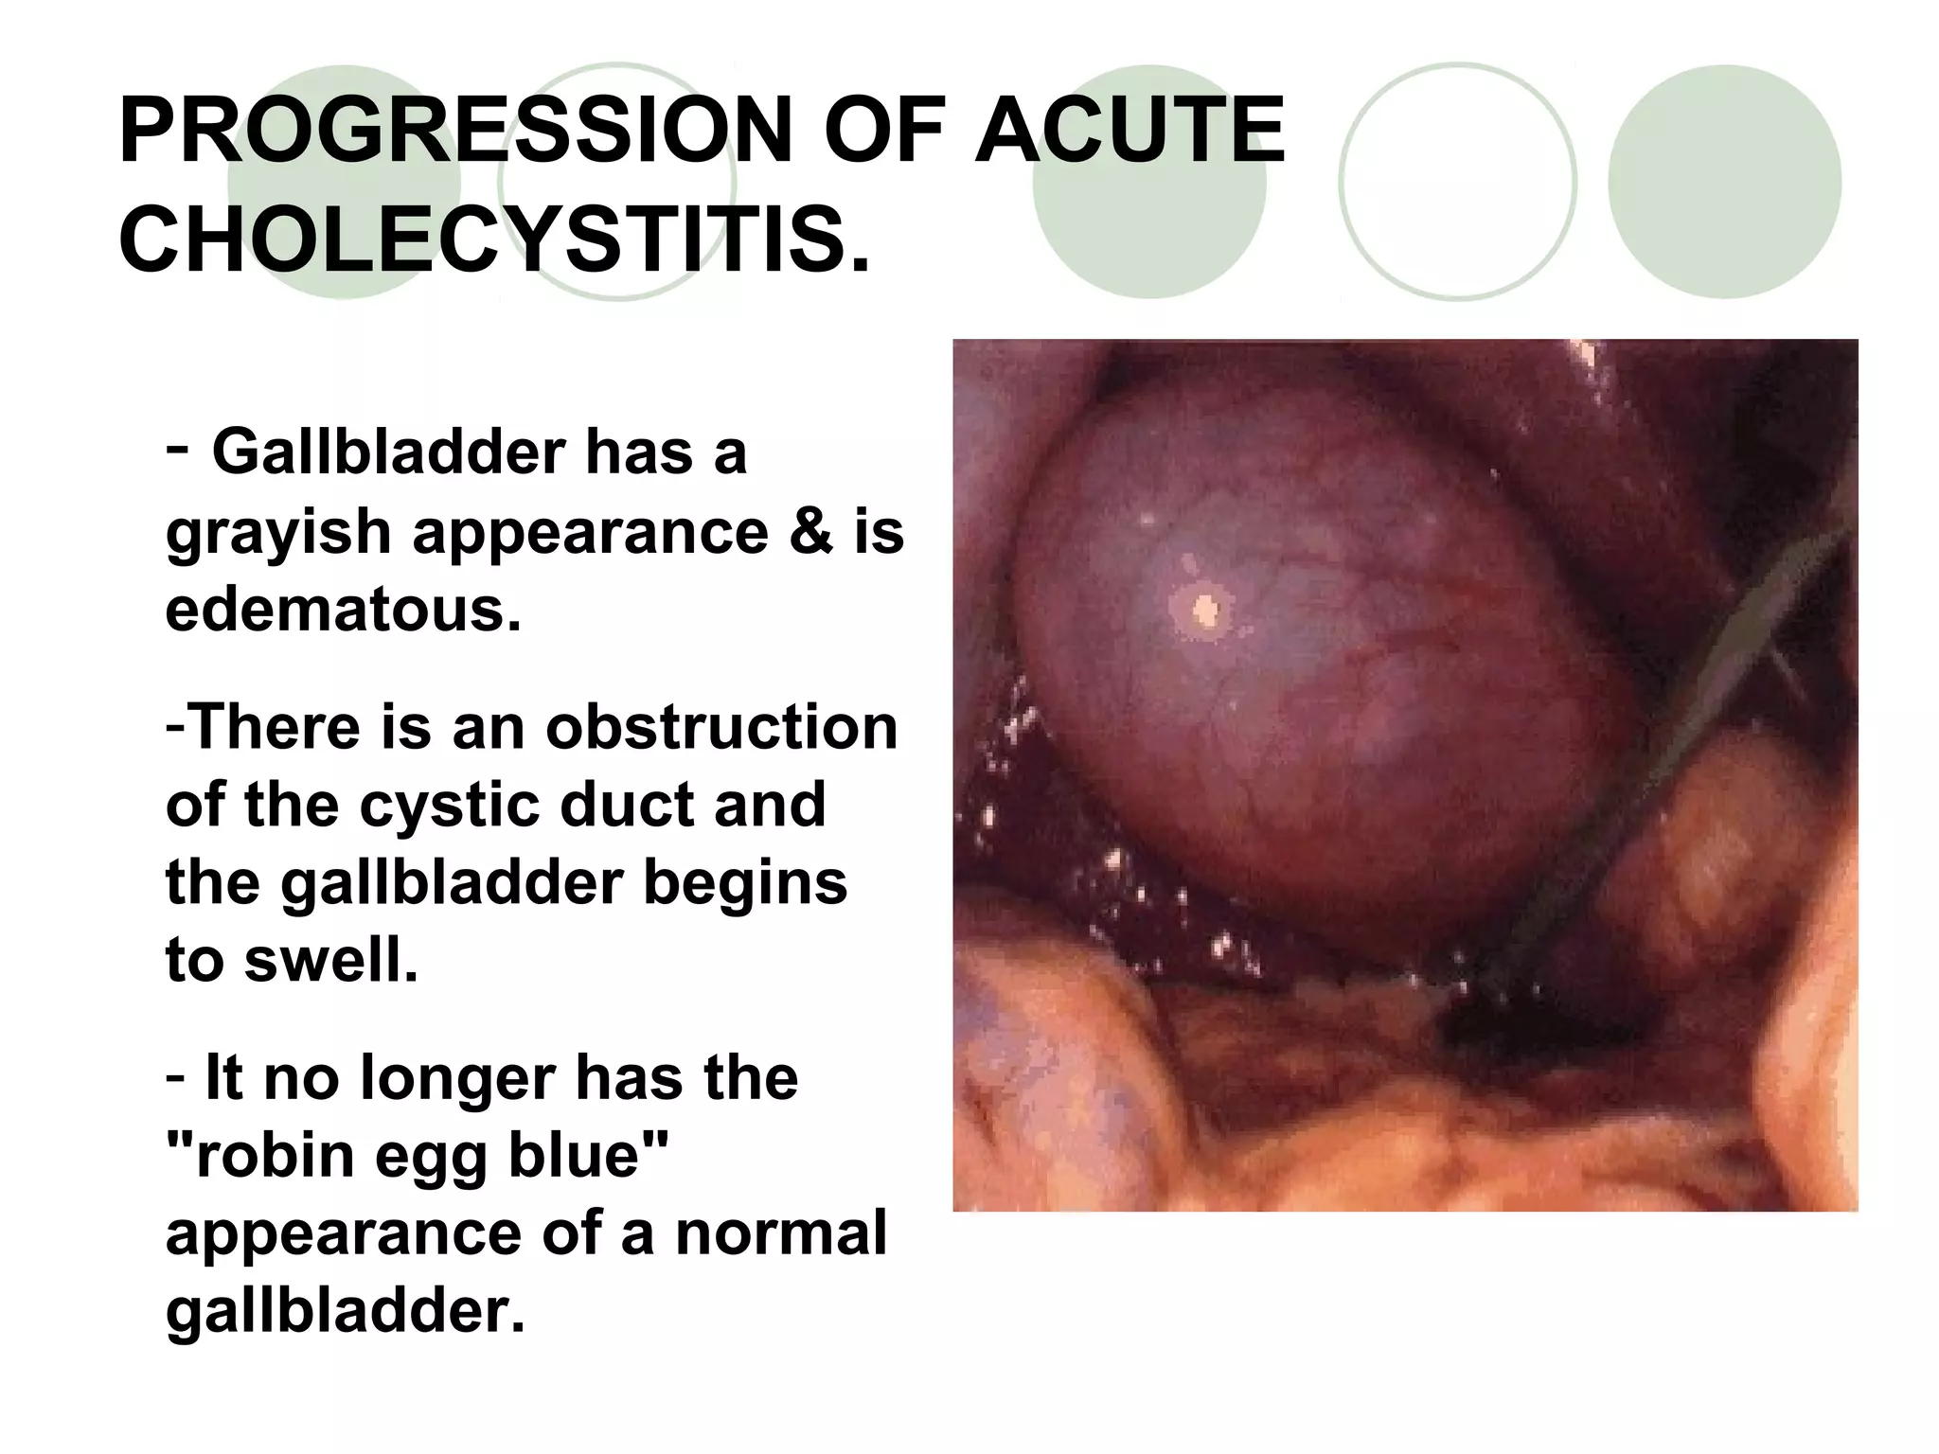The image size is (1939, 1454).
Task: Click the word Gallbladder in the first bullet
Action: coord(388,452)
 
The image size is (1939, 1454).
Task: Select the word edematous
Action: coord(343,610)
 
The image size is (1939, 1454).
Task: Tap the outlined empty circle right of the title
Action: coord(1457,182)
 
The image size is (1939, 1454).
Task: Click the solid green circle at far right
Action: coord(1724,182)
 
